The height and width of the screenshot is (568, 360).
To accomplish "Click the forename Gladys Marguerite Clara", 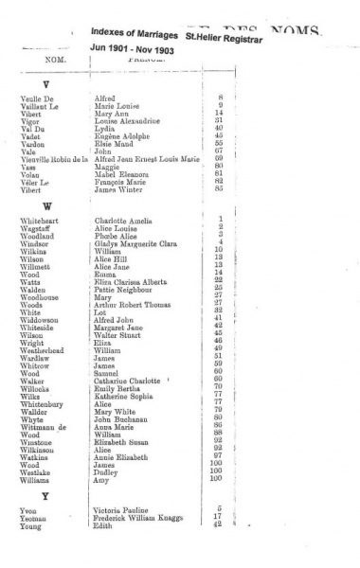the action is pos(137,242).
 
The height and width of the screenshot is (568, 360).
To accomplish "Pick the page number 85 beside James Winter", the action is pos(219,188).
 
